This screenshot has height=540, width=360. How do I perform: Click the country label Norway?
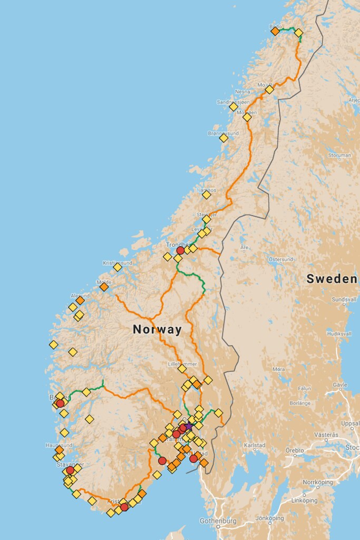pos(157,330)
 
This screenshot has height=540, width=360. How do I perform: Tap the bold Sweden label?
pos(332,279)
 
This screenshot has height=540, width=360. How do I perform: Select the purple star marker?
pos(189,426)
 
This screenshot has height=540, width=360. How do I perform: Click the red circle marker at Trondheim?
pos(180,250)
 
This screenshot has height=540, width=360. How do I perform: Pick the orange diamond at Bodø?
pos(275,31)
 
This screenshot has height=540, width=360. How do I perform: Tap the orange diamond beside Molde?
pos(104,287)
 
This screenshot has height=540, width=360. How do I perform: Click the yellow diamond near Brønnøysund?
pos(223,138)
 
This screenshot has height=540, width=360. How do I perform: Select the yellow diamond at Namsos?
pos(206,195)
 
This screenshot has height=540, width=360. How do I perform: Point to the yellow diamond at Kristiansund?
pos(118,267)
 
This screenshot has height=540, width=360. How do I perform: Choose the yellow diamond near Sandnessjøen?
pos(233,107)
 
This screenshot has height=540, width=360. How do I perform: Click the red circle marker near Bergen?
pos(60,403)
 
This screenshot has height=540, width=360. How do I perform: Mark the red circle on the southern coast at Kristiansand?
pos(124,507)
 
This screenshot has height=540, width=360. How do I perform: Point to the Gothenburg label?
pos(218,521)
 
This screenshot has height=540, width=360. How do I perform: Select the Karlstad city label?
pos(254,446)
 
